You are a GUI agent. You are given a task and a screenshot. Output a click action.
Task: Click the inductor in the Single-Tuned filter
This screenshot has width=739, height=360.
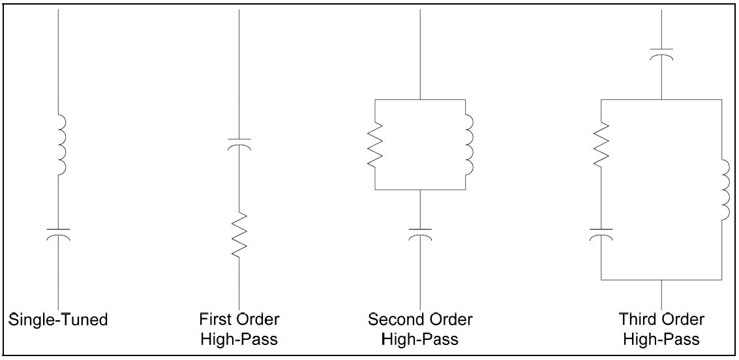pos(62,145)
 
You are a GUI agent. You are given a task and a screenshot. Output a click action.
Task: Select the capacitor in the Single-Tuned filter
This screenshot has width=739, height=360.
pos(59,233)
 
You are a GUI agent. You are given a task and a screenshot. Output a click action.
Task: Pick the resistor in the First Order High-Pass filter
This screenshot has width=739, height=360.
pos(239,235)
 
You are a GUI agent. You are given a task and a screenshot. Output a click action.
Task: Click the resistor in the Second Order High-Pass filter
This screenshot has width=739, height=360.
pos(374,145)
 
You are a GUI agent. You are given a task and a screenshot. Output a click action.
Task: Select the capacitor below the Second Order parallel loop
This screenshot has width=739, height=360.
pos(421,233)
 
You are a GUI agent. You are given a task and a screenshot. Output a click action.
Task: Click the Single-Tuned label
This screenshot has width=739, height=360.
pos(58,320)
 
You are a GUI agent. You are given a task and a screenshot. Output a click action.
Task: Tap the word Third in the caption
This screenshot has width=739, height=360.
pos(638,320)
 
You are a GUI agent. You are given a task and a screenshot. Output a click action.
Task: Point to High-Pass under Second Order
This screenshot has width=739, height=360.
pos(420,339)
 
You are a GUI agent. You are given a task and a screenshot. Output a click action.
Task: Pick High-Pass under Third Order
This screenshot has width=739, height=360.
pos(661,339)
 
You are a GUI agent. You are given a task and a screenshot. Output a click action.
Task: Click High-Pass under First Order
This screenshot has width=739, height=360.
pos(239,339)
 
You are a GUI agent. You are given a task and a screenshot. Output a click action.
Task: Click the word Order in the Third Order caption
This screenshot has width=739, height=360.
pos(684,320)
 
